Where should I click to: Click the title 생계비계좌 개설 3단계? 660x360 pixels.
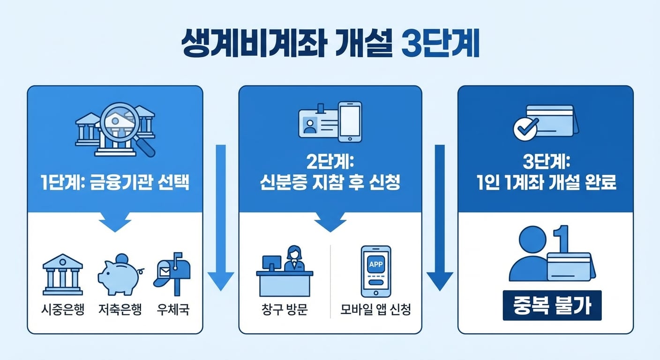[330, 45]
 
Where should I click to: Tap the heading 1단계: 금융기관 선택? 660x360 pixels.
[115, 182]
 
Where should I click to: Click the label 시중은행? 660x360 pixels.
[63, 310]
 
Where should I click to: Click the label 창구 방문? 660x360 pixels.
[285, 310]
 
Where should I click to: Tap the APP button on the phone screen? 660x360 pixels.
[376, 264]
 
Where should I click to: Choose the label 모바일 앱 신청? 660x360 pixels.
[376, 310]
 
